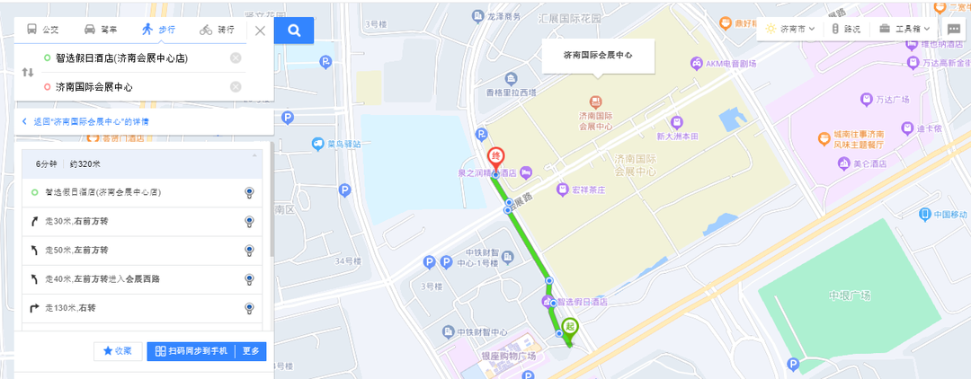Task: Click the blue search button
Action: [x=294, y=30]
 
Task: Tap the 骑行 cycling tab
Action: [x=218, y=30]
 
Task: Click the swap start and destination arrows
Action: [x=28, y=72]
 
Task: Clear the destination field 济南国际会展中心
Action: [x=236, y=87]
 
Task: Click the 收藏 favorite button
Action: [x=118, y=351]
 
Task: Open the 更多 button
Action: [x=251, y=351]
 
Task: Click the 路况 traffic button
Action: [x=846, y=29]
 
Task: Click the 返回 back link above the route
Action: [x=85, y=121]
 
